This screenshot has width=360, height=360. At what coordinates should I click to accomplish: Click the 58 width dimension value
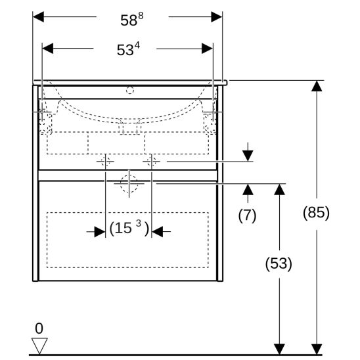point(132,19)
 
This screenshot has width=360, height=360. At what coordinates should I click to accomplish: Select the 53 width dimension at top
point(128,49)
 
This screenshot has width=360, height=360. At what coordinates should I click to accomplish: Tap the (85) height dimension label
point(316,212)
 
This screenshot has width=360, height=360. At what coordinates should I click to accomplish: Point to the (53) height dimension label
point(279,263)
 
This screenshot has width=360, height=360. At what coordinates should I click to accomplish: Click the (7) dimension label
point(247,215)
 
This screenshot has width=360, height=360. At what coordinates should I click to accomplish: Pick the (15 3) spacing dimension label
point(129,228)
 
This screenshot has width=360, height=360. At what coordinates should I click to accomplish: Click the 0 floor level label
point(39,328)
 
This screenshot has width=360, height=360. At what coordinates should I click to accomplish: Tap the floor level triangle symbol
point(39,346)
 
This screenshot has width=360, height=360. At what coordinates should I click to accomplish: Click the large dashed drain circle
point(129,184)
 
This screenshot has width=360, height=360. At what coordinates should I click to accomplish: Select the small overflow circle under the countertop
point(130,90)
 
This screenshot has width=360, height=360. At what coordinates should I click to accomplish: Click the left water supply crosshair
point(105,162)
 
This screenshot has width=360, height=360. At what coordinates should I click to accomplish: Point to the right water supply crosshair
point(152,162)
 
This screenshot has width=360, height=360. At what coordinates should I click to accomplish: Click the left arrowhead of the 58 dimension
point(38,17)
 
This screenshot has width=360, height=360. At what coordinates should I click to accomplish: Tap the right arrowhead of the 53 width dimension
point(207,49)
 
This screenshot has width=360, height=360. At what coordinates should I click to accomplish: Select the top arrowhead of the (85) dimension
point(317,86)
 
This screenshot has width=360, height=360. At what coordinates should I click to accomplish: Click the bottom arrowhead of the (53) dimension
point(279,349)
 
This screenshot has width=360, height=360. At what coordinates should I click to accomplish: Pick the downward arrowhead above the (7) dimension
point(248,156)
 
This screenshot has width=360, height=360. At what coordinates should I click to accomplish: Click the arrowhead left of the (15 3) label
point(100,232)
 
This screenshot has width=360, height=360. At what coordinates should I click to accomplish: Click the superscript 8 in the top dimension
point(141,16)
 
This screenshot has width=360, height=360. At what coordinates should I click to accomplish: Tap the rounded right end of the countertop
point(225,83)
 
